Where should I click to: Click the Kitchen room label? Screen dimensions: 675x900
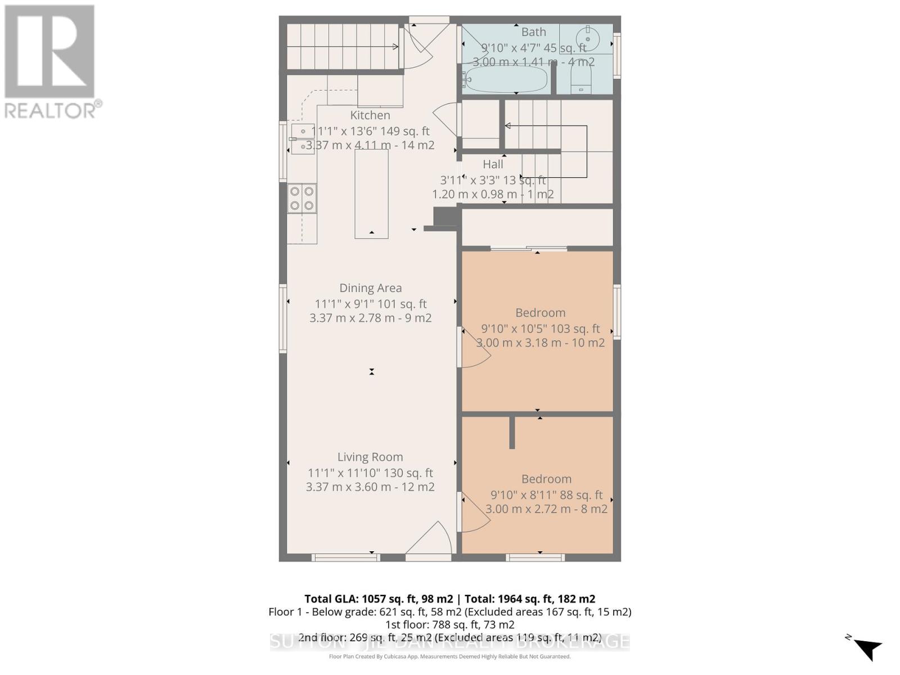click(370, 115)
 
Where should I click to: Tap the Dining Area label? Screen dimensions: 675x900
click(370, 288)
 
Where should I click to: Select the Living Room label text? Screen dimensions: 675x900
click(370, 457)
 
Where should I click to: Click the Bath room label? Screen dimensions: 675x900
click(533, 32)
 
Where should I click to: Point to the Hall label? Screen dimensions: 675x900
click(493, 164)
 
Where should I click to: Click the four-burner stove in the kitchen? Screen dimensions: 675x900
click(302, 199)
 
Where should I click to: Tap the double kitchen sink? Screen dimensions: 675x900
click(303, 139)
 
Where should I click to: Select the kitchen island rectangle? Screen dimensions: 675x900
click(371, 194)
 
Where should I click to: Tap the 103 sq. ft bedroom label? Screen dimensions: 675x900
click(541, 313)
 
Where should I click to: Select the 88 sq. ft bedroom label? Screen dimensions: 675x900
click(546, 479)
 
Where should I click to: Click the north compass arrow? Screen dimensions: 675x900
click(867, 648)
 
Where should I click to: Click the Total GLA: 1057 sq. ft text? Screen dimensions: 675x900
click(379, 599)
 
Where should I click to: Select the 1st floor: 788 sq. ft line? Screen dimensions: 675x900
click(449, 624)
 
